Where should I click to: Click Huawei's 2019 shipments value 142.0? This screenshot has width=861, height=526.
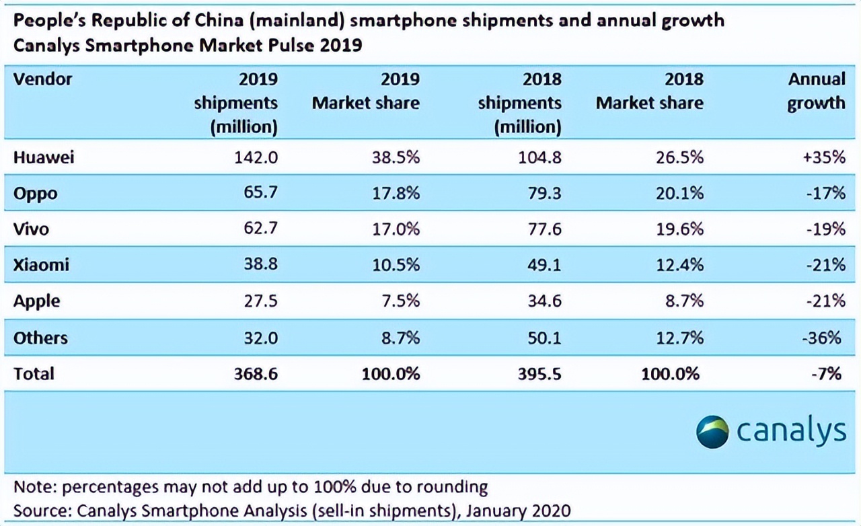click(x=256, y=157)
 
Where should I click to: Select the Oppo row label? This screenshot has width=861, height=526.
click(x=35, y=194)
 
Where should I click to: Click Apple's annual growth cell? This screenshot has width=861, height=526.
click(x=824, y=301)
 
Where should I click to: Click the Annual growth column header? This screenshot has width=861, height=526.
click(x=816, y=91)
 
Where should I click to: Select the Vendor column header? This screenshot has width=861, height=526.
click(x=42, y=79)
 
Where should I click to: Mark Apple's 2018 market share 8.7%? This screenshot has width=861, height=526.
click(x=681, y=301)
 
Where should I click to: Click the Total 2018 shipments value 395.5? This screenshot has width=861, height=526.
click(x=536, y=373)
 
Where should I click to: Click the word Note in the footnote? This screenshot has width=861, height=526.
click(x=33, y=486)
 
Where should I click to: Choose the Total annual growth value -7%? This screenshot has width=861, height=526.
click(x=827, y=373)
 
